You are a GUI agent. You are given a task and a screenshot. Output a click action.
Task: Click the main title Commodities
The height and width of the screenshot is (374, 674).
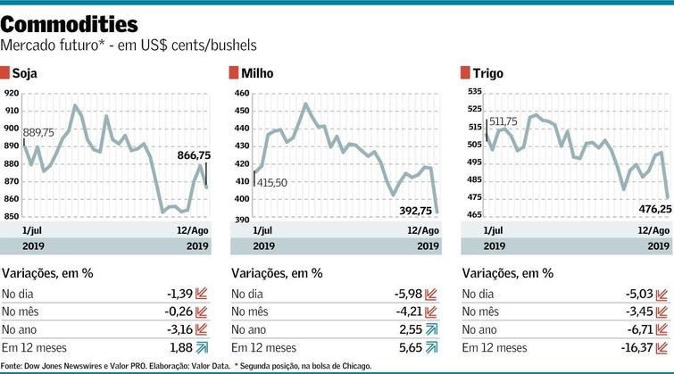(71, 22)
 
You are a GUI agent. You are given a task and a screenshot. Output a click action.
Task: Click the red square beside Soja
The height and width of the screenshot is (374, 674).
(6, 72)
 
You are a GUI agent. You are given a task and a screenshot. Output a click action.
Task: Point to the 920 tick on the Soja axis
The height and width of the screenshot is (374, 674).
(11, 93)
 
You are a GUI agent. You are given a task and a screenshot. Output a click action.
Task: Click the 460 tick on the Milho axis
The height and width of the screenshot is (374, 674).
(241, 93)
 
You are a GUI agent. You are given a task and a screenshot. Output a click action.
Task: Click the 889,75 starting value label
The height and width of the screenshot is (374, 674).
(38, 132)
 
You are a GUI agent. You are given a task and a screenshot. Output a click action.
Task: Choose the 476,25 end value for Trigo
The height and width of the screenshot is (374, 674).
(648, 207)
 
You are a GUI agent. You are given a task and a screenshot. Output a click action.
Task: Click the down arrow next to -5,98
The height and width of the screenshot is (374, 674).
(433, 293)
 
